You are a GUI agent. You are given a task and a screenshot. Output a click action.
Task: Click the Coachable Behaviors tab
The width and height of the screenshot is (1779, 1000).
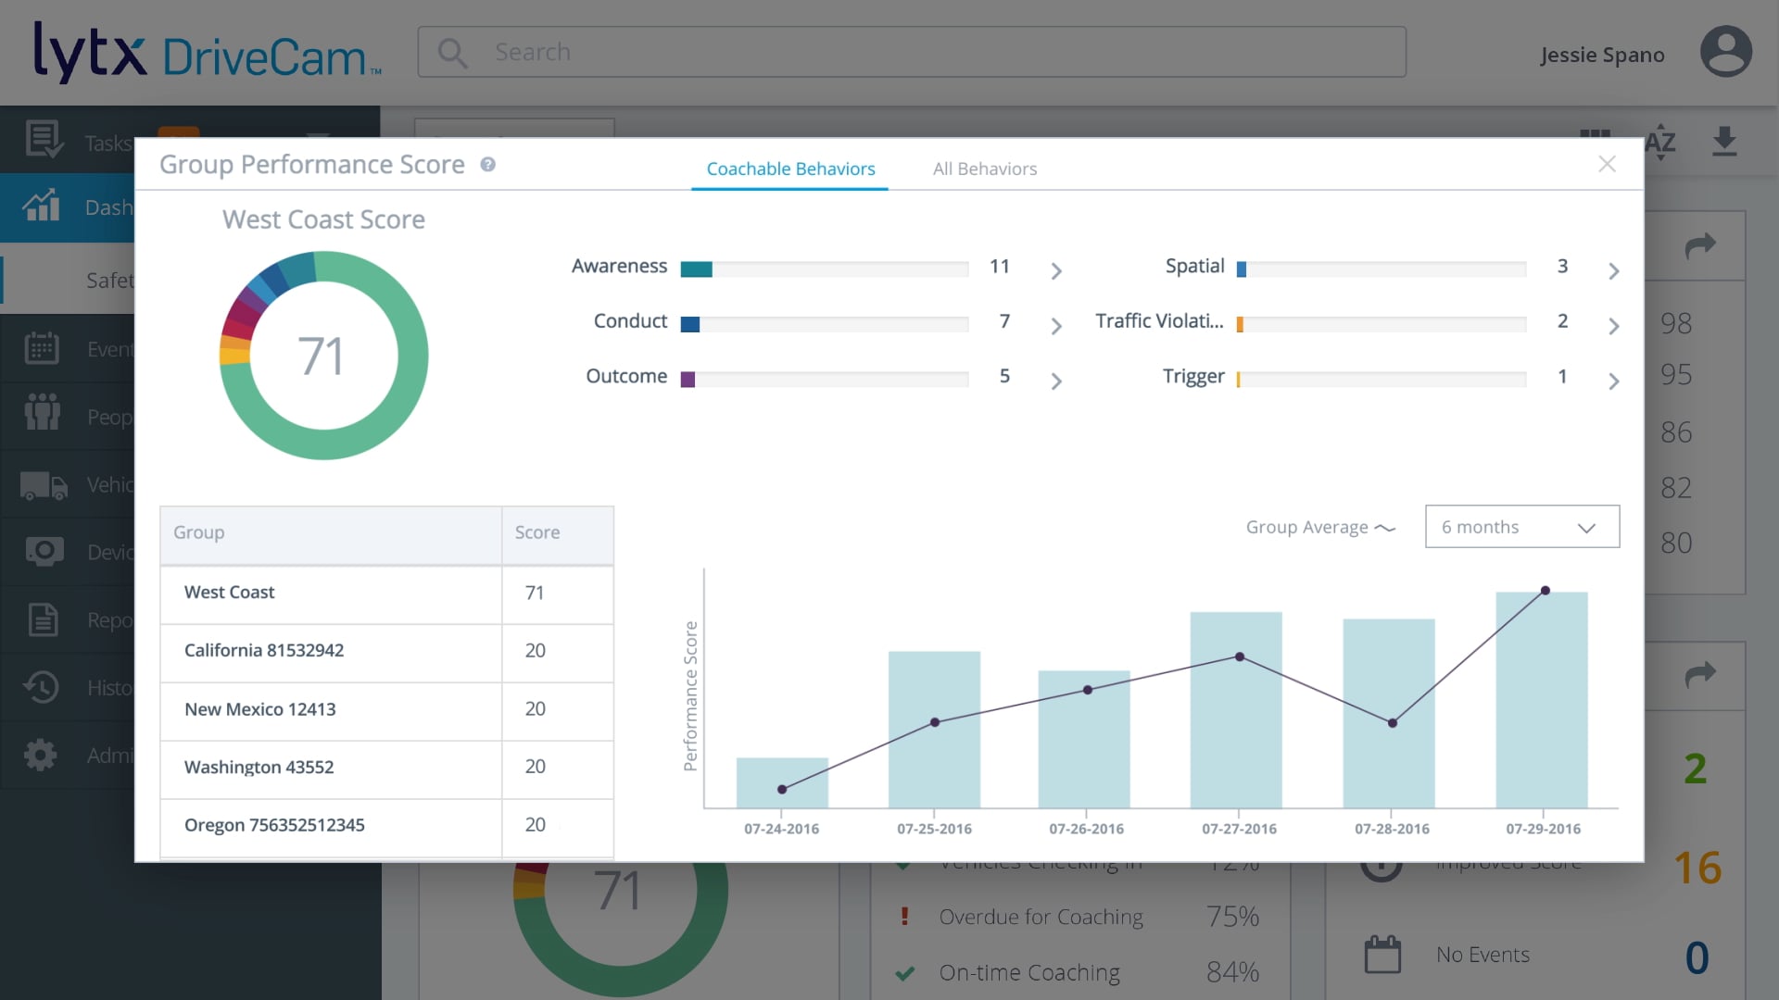790,169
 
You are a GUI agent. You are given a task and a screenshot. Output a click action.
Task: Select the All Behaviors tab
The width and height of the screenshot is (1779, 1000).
984,169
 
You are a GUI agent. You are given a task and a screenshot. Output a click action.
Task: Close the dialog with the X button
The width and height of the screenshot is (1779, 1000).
1607,164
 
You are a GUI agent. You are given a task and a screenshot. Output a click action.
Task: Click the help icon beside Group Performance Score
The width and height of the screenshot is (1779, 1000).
487,164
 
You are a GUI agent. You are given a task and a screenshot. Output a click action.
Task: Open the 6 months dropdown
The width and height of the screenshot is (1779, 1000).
1521,527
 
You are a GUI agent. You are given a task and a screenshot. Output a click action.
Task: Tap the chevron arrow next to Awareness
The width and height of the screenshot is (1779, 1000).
1055,270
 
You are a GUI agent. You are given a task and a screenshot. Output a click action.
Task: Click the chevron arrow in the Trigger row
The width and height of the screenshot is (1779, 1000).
1613,381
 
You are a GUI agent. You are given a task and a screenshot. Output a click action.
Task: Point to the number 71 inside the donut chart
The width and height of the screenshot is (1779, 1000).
321,356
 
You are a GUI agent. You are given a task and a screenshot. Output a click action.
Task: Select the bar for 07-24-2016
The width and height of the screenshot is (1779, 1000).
781,783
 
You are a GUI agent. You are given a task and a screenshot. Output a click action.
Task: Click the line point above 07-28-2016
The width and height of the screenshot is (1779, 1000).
1392,723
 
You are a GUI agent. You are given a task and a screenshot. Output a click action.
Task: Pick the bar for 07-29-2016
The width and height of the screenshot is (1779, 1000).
1541,700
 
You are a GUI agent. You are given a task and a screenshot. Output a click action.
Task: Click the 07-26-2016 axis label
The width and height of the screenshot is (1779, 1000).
1086,829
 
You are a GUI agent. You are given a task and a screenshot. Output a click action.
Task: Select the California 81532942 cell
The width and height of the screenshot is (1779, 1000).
264,650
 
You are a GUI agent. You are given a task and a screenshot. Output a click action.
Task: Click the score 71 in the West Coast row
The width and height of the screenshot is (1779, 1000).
535,593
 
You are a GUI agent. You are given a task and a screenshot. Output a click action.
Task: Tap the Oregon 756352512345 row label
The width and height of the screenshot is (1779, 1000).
274,825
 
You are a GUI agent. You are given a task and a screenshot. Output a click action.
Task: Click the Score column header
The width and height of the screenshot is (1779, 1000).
537,532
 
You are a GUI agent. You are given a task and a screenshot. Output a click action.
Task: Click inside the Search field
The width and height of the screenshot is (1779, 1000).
927,52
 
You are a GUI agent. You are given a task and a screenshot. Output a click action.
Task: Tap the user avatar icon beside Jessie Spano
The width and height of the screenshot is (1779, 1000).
1725,52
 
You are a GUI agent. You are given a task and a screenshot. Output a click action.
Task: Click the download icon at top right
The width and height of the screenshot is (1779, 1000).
1723,142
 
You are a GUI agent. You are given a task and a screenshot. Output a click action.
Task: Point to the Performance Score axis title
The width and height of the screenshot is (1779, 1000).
690,695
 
